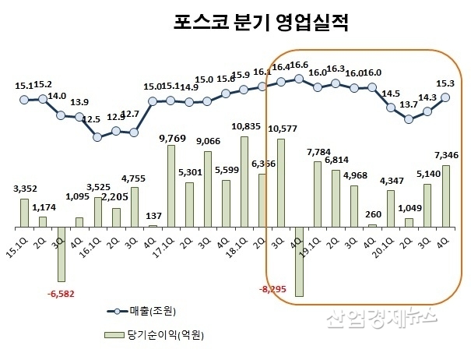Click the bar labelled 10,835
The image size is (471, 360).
[244, 182]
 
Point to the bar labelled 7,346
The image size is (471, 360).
[446, 196]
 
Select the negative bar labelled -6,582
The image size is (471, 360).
[61, 254]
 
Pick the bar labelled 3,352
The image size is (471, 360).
[24, 213]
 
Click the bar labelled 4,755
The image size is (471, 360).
[134, 206]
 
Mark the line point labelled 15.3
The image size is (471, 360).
[446, 97]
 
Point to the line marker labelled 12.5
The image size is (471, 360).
[97, 136]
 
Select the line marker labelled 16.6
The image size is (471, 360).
[299, 78]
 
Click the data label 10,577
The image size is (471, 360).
[282, 129]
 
